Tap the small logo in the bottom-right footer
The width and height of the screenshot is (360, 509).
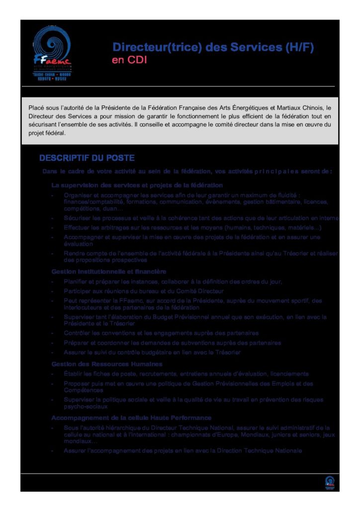[329, 482]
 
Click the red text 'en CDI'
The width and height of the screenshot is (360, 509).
[130, 60]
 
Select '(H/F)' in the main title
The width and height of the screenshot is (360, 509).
[299, 47]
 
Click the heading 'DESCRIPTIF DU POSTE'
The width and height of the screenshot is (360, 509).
[87, 158]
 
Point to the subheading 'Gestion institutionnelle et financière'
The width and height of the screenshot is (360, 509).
[109, 271]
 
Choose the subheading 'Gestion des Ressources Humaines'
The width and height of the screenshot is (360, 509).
[107, 364]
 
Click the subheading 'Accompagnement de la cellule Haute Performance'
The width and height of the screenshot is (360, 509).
[131, 418]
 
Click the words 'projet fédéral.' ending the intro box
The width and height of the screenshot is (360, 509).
[47, 133]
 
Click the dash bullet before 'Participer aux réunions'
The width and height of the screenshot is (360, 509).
[52, 291]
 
